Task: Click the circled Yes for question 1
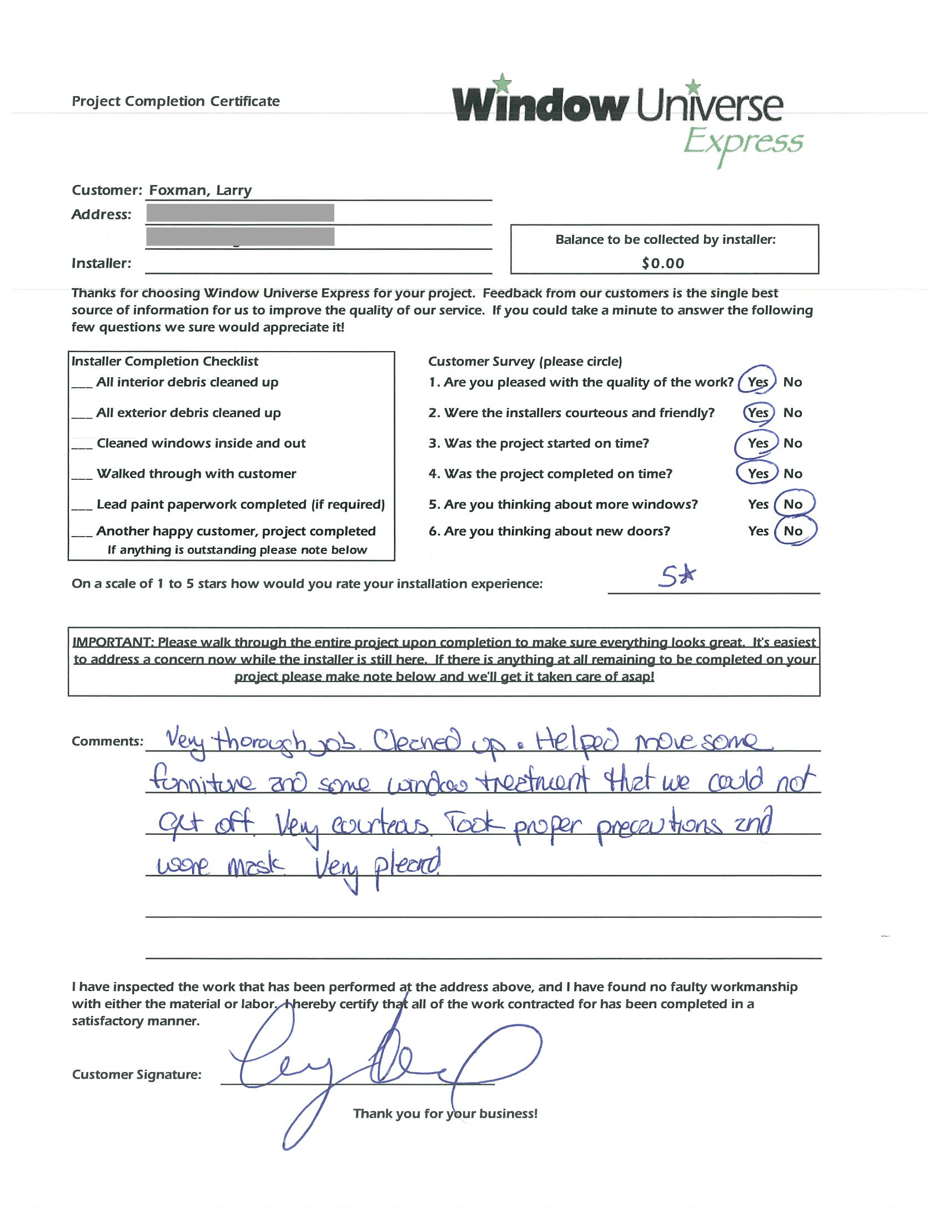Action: pos(758,382)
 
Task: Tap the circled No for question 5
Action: pos(792,504)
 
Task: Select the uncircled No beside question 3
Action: pos(792,443)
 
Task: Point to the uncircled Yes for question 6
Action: pos(758,531)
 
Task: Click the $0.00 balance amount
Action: pos(662,263)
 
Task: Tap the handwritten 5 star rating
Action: pos(677,577)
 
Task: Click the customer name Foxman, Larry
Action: pos(200,190)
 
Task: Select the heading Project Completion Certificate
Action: pos(175,101)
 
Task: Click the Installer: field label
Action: pos(101,263)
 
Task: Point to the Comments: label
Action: pos(107,742)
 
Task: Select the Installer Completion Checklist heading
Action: pos(165,362)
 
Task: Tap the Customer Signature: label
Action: pos(137,1074)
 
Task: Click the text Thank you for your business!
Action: pos(445,1114)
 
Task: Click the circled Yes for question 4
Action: pos(758,473)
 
